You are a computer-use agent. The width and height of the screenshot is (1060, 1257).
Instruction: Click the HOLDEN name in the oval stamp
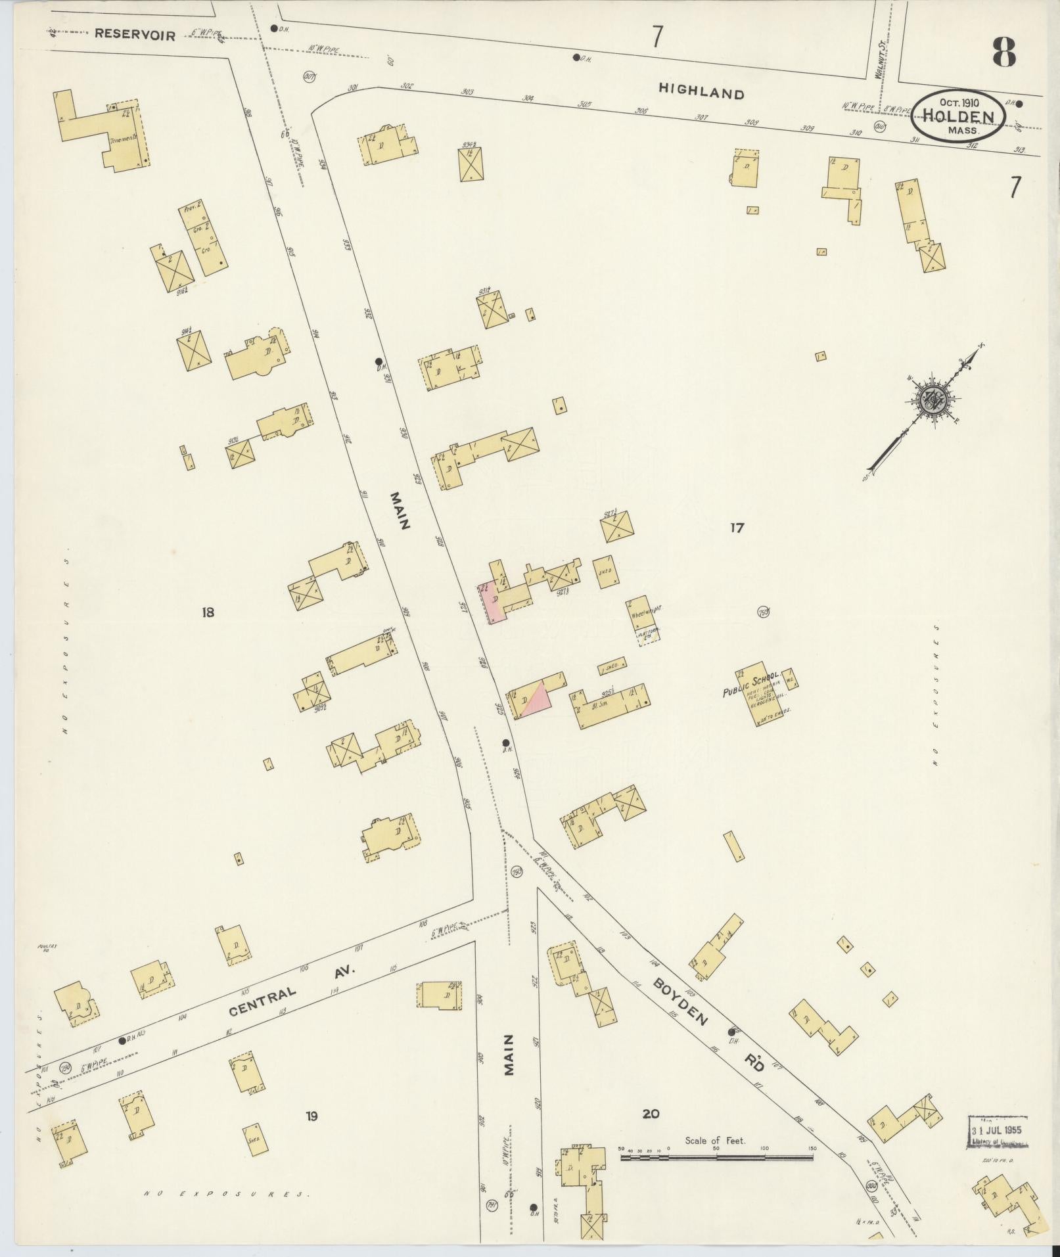click(957, 116)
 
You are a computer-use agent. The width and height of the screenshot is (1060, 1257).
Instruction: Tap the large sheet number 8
click(1004, 53)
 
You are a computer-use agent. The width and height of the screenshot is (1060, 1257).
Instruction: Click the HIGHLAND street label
click(701, 93)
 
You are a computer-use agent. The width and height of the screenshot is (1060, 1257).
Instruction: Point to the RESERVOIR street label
click(135, 35)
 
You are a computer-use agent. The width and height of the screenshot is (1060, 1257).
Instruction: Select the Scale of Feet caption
click(714, 1141)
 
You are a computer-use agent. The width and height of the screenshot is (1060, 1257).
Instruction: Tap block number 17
click(737, 527)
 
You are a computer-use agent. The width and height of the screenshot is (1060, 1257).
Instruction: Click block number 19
click(311, 1116)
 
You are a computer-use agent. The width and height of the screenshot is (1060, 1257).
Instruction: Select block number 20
click(651, 1114)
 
